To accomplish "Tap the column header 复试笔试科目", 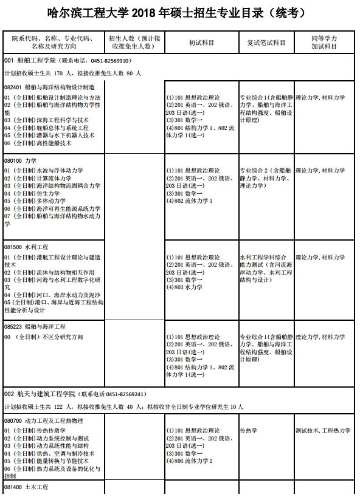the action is (266, 43).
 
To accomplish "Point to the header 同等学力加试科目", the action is (324, 43).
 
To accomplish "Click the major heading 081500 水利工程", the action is (26, 247).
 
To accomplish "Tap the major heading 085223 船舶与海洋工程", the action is (35, 326).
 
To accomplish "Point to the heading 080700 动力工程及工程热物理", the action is (43, 420).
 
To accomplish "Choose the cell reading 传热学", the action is (248, 430).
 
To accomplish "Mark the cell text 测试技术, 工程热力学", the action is (322, 430).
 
